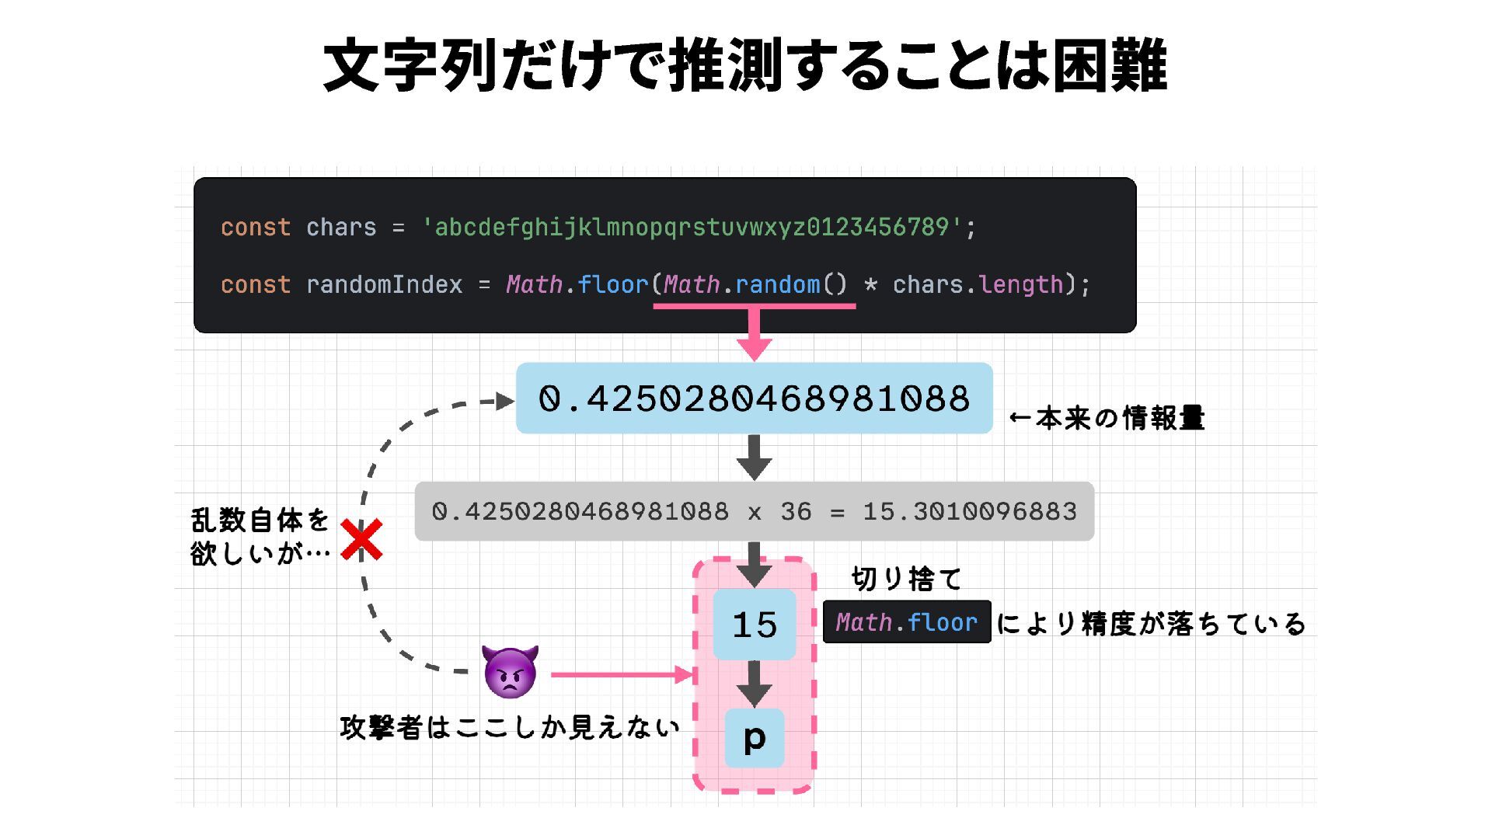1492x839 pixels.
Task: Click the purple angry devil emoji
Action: (x=510, y=671)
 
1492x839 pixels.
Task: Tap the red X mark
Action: (x=361, y=540)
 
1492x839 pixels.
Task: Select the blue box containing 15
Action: (x=754, y=625)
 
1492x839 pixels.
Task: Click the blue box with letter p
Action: (x=754, y=738)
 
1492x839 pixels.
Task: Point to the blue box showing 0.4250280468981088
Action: (x=754, y=399)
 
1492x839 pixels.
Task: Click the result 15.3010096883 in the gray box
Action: (x=970, y=511)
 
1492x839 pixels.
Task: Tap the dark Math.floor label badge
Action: (x=906, y=622)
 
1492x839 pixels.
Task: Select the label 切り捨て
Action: (x=906, y=579)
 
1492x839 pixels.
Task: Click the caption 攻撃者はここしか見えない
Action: (x=510, y=728)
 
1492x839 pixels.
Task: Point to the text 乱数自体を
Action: (x=260, y=520)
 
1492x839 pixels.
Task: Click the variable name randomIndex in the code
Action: (x=384, y=285)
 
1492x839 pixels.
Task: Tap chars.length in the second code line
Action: (x=978, y=285)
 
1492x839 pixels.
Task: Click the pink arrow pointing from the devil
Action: (x=622, y=674)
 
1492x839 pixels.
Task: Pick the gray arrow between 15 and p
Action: (x=754, y=683)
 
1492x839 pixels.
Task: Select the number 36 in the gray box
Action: (x=796, y=511)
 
